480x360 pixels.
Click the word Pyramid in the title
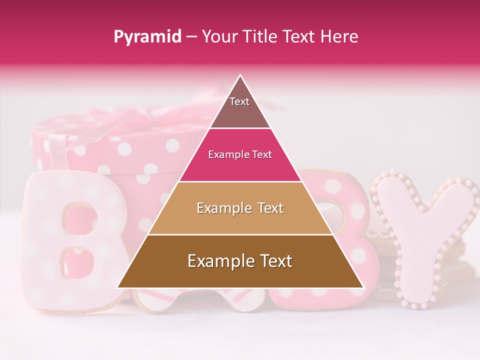tap(147, 37)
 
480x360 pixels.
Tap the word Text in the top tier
tap(239, 101)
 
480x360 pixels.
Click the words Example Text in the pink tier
tap(240, 154)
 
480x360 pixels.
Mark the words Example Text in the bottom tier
tap(240, 261)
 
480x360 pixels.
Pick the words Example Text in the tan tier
tap(240, 208)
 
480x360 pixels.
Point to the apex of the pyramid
tap(240, 76)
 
